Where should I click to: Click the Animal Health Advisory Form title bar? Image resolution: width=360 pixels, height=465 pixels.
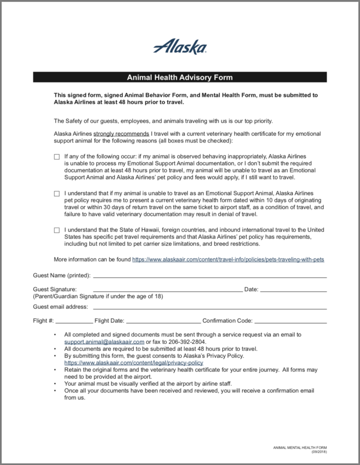click(x=180, y=77)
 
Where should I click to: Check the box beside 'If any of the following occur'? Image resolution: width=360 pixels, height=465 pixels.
click(x=57, y=157)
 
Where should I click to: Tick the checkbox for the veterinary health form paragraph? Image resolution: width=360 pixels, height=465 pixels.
click(x=57, y=194)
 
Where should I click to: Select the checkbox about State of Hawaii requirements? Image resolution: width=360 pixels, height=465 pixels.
click(x=57, y=230)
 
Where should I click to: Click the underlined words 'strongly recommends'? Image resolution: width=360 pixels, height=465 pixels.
click(x=121, y=134)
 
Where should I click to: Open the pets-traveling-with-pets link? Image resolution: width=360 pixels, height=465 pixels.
click(x=228, y=260)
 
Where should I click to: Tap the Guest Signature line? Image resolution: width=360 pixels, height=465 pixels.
click(x=168, y=290)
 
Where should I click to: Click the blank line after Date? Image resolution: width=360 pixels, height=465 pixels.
click(x=293, y=290)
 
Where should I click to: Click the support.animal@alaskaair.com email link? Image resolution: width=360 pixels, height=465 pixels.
click(x=104, y=342)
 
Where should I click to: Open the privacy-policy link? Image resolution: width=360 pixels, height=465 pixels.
click(x=133, y=363)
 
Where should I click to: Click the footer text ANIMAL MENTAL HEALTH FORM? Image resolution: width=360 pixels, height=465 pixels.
click(x=300, y=448)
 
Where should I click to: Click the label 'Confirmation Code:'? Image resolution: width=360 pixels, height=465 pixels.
click(x=227, y=321)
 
